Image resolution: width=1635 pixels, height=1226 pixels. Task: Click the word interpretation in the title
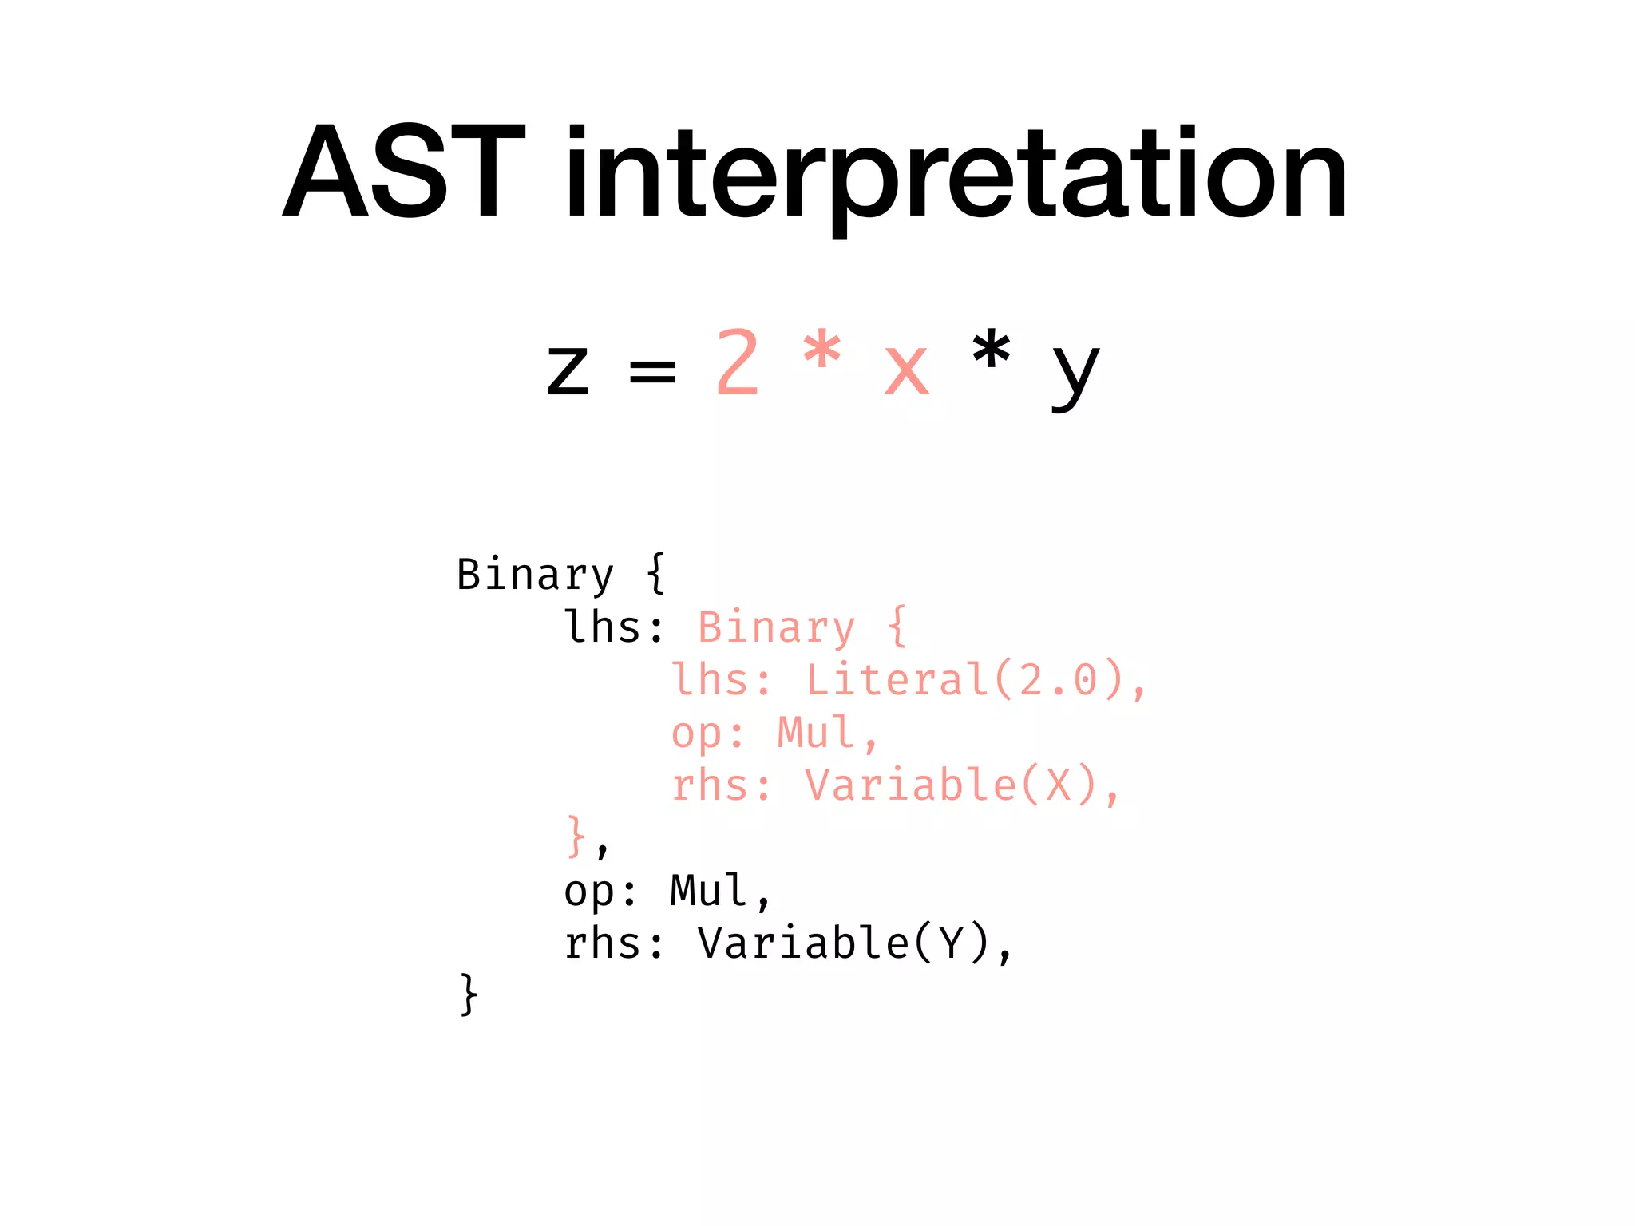click(x=956, y=176)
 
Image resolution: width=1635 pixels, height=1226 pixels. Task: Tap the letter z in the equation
click(x=568, y=370)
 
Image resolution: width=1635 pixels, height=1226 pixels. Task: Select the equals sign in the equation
click(x=652, y=370)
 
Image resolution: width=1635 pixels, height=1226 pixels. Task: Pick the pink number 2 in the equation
click(x=737, y=363)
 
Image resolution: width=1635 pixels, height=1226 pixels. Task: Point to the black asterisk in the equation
click(x=991, y=351)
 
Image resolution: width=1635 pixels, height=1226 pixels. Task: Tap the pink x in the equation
click(x=906, y=370)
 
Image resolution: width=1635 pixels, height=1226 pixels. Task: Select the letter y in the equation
click(x=1075, y=375)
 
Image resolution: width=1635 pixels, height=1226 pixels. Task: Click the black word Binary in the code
click(x=535, y=575)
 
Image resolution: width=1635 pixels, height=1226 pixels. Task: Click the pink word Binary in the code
click(x=776, y=627)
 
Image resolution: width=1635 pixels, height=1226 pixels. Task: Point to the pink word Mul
click(x=816, y=733)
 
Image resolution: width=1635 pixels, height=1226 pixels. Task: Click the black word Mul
click(x=709, y=891)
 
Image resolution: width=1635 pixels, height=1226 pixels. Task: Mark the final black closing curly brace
click(x=469, y=995)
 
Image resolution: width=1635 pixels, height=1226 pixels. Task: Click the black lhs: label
click(x=613, y=627)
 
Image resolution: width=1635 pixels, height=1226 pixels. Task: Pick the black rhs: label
click(x=613, y=943)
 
